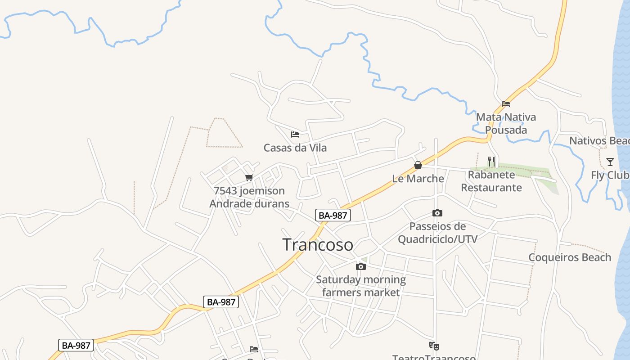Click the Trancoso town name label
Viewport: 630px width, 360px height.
tap(318, 245)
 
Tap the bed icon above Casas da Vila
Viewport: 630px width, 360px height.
tap(295, 135)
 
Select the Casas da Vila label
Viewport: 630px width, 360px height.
tap(295, 148)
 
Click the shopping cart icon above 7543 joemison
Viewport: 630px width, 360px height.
tap(249, 177)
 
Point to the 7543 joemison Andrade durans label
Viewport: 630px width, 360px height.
tap(249, 197)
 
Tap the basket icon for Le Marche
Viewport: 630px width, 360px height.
tap(418, 165)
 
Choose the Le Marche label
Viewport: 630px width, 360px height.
tap(418, 178)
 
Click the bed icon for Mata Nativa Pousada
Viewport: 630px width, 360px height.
tap(506, 104)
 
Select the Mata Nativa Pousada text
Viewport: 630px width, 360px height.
tap(506, 124)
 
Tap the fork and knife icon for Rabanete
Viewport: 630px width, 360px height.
tap(491, 161)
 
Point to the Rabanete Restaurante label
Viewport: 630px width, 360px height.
tap(491, 181)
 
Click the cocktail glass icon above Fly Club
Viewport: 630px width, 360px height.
tap(610, 162)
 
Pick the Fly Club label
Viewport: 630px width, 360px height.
tap(610, 175)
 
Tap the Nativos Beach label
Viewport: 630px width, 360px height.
tap(599, 141)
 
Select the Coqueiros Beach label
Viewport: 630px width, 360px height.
tap(570, 257)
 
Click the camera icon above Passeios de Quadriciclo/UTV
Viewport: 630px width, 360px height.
tap(437, 213)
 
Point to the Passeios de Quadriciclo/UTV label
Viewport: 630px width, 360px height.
tap(437, 233)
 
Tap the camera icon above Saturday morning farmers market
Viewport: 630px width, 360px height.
tap(361, 266)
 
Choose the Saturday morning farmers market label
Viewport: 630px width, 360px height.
tap(361, 286)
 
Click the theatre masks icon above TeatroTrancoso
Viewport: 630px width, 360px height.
tap(434, 346)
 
